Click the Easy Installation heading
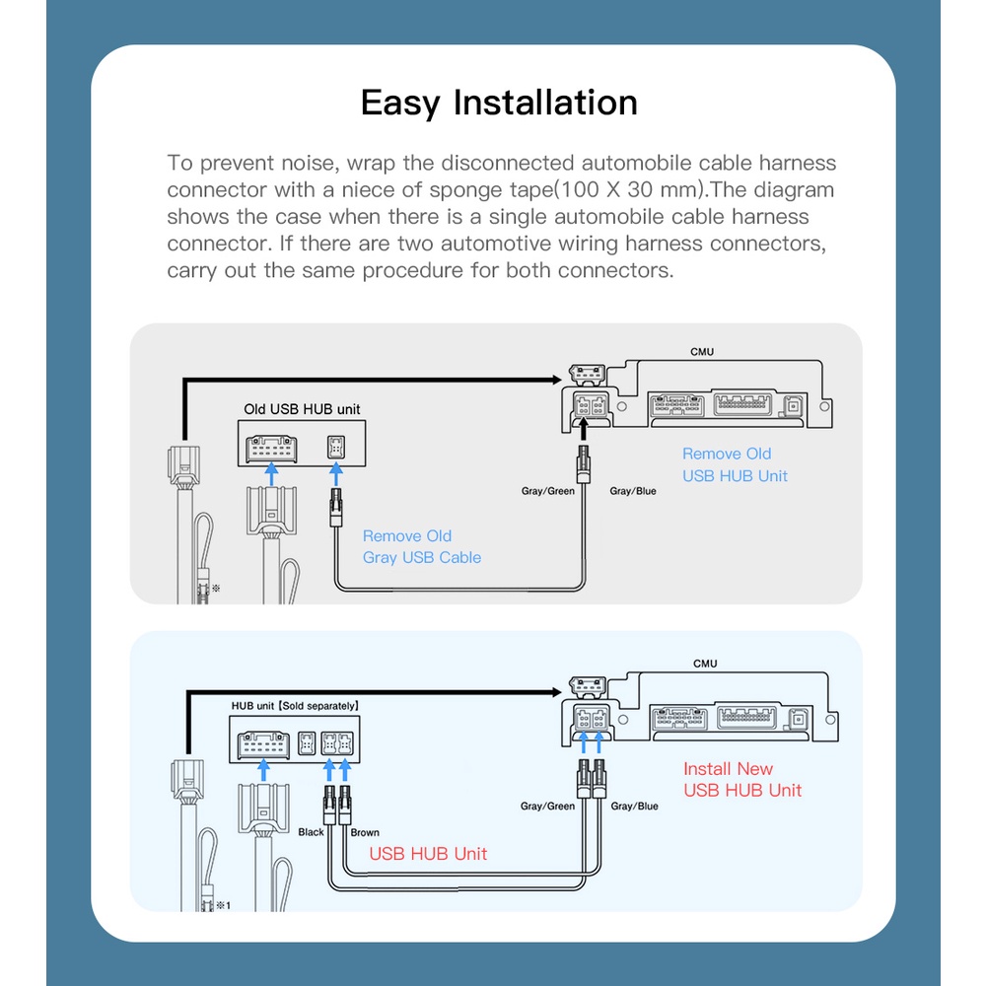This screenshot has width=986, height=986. pyautogui.click(x=499, y=103)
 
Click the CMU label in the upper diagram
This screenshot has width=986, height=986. pyautogui.click(x=702, y=352)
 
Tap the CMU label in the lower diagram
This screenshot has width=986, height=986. pyautogui.click(x=705, y=664)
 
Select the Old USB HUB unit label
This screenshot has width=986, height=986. pyautogui.click(x=302, y=409)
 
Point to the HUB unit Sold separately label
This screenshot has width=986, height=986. pyautogui.click(x=295, y=706)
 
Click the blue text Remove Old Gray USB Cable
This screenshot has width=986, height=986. pyautogui.click(x=422, y=546)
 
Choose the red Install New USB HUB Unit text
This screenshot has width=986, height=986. pyautogui.click(x=742, y=779)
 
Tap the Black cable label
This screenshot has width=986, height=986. pyautogui.click(x=311, y=832)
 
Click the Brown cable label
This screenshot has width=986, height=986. pyautogui.click(x=365, y=832)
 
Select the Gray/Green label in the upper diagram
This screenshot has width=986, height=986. pyautogui.click(x=547, y=491)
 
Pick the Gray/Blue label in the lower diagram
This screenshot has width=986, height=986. pyautogui.click(x=634, y=807)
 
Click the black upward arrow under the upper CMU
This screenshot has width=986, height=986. pyautogui.click(x=583, y=429)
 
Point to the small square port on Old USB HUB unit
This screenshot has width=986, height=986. pyautogui.click(x=336, y=448)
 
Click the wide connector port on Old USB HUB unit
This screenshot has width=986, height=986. pyautogui.click(x=271, y=449)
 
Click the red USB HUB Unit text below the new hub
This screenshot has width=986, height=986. pyautogui.click(x=428, y=854)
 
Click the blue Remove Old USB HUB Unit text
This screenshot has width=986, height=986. pyautogui.click(x=735, y=464)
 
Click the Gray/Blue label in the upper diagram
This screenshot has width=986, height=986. pyautogui.click(x=633, y=491)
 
